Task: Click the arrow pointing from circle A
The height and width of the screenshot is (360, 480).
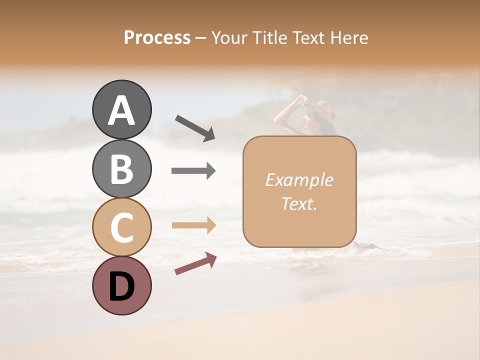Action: pos(195,128)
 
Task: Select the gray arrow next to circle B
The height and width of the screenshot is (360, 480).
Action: pos(193,171)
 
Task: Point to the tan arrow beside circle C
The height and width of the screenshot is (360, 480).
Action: pos(193,225)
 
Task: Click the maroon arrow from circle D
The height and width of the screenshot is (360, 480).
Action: pos(195,263)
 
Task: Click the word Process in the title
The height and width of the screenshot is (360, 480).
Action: pos(157,37)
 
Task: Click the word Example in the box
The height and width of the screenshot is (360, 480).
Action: pos(299,180)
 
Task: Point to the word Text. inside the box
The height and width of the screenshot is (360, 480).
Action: pos(299,203)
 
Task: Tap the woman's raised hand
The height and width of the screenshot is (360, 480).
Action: pos(301,99)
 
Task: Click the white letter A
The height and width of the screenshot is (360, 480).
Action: pos(121,111)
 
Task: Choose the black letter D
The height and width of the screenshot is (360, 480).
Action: pos(121,287)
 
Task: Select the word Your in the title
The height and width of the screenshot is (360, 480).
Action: pos(227,37)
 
